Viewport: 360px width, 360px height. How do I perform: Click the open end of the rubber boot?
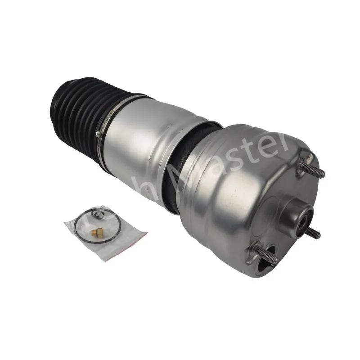(x=56, y=106)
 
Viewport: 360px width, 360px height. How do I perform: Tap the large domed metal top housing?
(x=229, y=189)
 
